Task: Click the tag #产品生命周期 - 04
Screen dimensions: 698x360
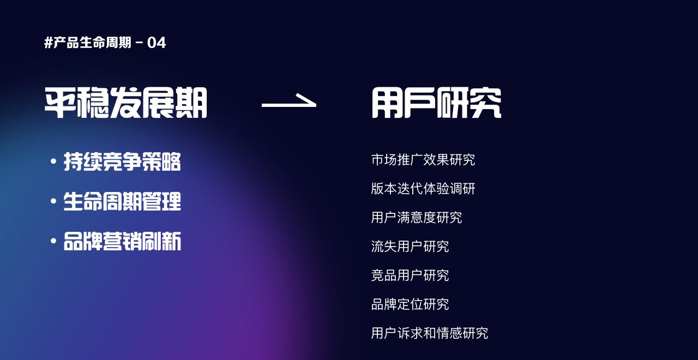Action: pos(105,43)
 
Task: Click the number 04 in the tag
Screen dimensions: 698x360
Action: pos(157,43)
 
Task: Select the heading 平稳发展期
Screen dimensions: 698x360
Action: pos(126,103)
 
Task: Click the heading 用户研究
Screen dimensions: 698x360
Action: pos(437,103)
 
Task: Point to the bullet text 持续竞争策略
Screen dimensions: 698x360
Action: pos(122,161)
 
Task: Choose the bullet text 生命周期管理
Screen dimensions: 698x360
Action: pos(122,201)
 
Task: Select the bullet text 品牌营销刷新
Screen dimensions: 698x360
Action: pos(122,241)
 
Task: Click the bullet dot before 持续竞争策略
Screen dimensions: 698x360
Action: pos(53,161)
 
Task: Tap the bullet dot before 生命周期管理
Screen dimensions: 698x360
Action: pos(53,201)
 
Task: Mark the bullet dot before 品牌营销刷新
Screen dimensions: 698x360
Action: pos(53,241)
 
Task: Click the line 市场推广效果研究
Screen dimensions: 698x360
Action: pos(423,160)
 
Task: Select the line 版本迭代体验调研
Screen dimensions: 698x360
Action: pos(423,189)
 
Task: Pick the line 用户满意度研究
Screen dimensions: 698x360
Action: pos(417,218)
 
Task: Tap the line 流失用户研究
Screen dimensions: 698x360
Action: pos(410,247)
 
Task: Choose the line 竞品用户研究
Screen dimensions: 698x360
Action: pos(410,275)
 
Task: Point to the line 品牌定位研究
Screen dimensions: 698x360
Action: pos(410,304)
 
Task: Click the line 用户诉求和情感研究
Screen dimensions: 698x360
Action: pos(430,333)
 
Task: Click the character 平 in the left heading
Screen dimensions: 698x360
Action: pos(61,103)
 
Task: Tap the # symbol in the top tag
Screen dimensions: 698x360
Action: pos(49,43)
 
